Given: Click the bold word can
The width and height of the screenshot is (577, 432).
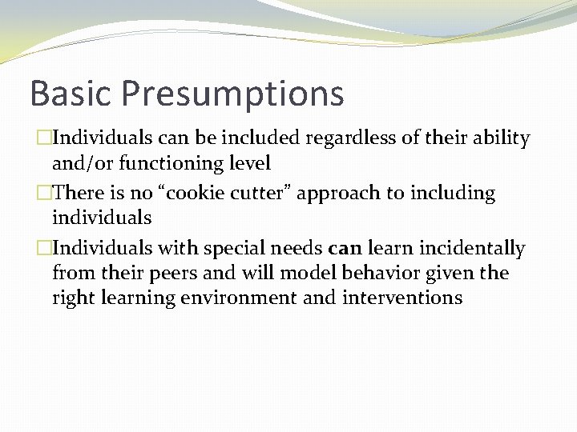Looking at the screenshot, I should pos(345,249).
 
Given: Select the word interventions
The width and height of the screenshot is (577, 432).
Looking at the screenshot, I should pos(404,298).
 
